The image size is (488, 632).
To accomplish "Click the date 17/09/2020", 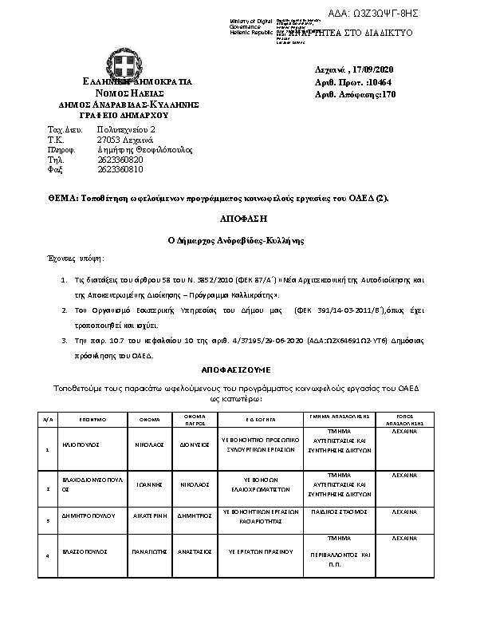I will [x=372, y=69].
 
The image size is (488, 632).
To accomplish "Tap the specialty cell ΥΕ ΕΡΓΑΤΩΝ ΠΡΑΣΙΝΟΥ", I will [x=260, y=551].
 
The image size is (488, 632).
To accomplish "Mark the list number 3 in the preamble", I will [x=64, y=341].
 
